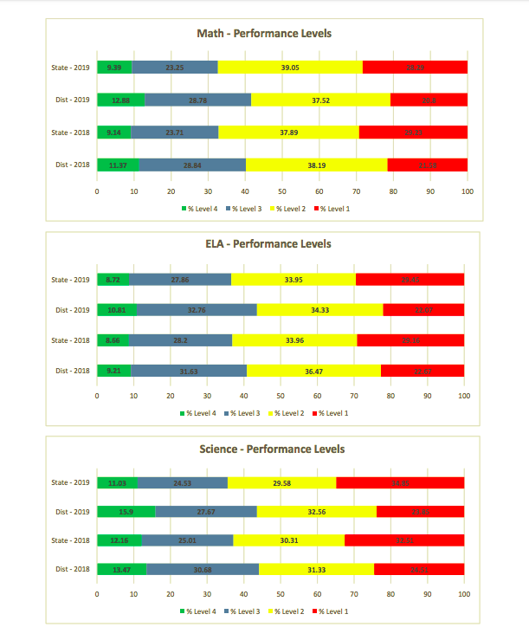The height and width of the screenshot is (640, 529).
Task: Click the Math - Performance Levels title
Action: (264, 34)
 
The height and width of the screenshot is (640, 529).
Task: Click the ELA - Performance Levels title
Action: (264, 244)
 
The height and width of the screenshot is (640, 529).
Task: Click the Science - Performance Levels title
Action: (264, 449)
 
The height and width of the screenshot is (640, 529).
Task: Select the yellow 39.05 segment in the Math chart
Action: (290, 67)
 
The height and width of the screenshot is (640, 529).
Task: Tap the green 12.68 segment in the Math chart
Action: (120, 100)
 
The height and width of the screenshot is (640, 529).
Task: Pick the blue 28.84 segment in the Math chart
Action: (192, 165)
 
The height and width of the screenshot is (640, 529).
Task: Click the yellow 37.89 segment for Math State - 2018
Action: (288, 133)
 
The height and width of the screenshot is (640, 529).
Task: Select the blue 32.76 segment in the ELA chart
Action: (196, 309)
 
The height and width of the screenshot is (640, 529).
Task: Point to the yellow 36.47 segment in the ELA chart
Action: (313, 371)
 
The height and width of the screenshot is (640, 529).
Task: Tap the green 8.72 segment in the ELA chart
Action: (113, 279)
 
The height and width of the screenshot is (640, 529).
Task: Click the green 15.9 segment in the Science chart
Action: (126, 512)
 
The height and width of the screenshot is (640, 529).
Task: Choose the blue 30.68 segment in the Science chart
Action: (203, 569)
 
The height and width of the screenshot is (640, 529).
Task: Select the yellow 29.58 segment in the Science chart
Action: (281, 482)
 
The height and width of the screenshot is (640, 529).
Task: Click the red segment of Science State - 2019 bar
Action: (400, 482)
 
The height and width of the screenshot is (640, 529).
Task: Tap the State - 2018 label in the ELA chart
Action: (70, 340)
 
